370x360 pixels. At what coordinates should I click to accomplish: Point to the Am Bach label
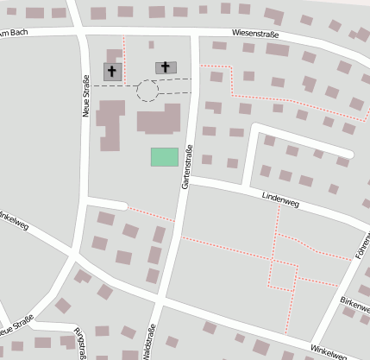click(x=12, y=34)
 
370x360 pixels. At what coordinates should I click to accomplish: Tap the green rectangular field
click(x=164, y=156)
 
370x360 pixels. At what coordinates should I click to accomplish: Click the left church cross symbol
click(x=112, y=72)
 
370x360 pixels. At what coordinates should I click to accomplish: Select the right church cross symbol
click(x=166, y=66)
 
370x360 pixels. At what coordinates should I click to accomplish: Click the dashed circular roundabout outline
click(x=147, y=90)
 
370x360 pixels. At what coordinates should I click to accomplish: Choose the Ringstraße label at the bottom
click(x=82, y=343)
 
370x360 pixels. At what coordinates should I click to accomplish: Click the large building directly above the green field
click(x=159, y=118)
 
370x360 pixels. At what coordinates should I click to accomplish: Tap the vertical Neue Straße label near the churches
click(x=86, y=95)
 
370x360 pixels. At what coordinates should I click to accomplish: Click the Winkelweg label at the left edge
click(x=14, y=221)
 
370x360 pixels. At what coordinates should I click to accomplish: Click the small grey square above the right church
click(x=152, y=45)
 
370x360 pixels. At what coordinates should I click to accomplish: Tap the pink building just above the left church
click(x=115, y=55)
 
